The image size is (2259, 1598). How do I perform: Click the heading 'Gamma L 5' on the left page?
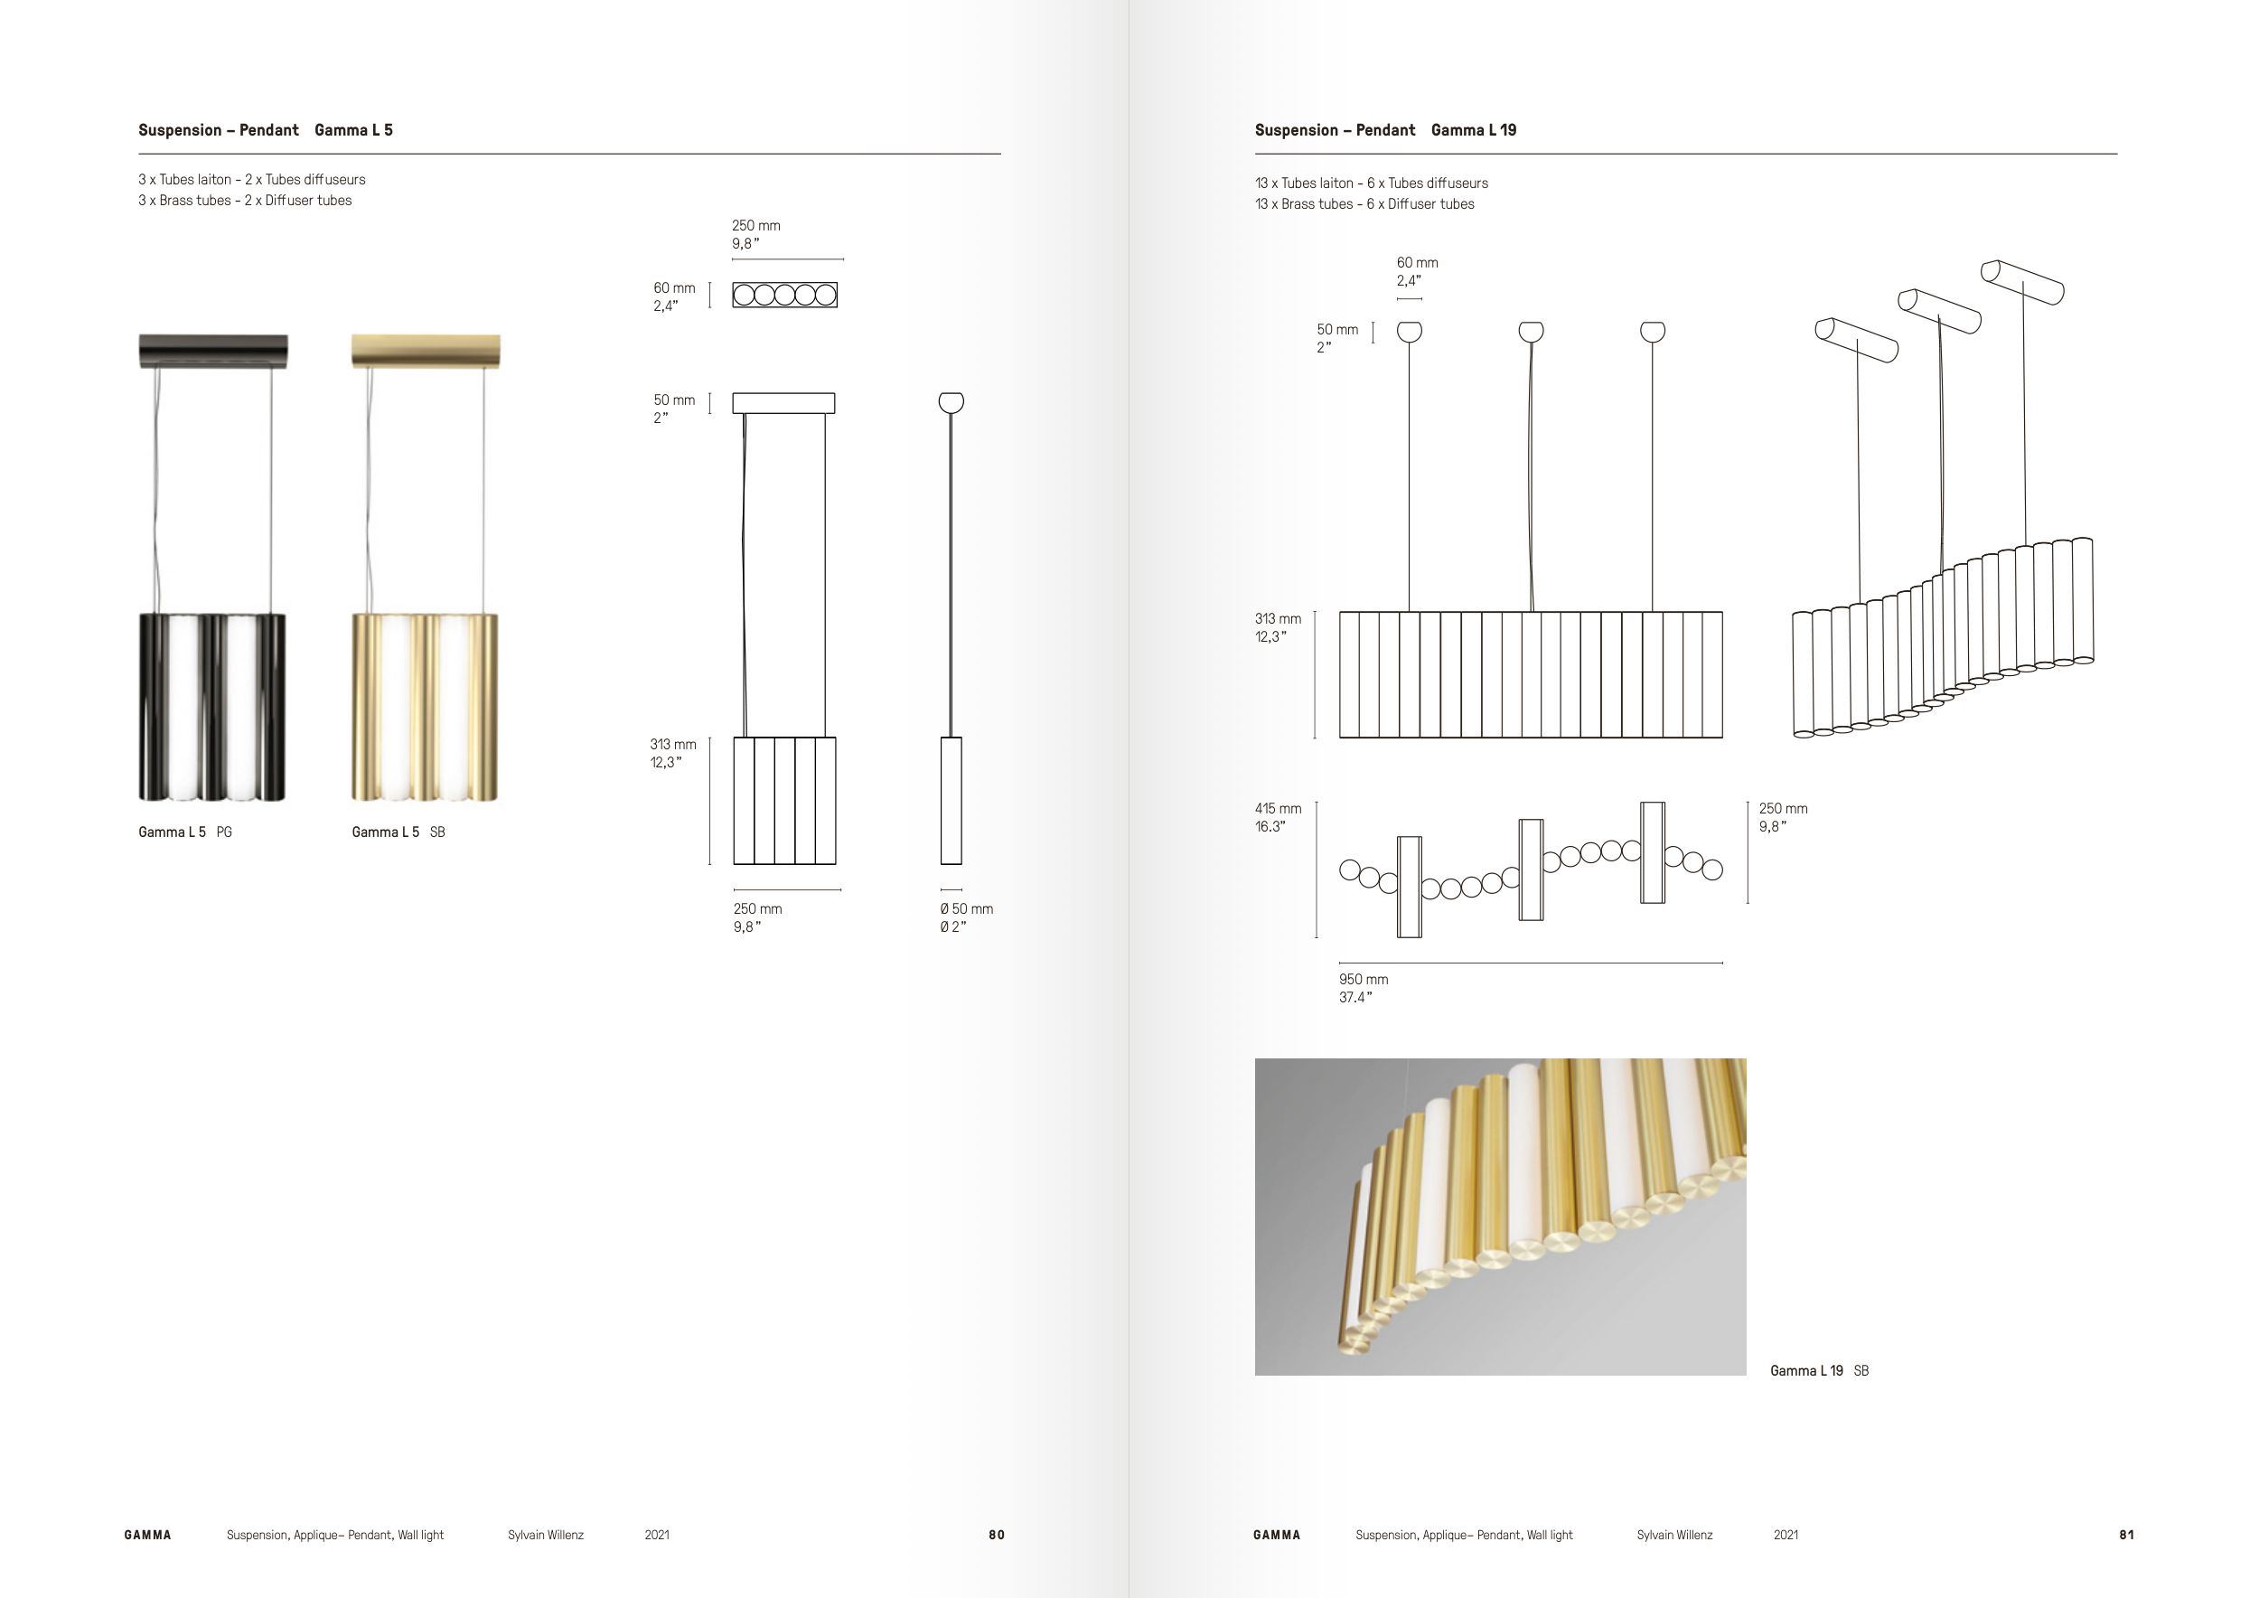353,130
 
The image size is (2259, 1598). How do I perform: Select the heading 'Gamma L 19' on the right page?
1473,130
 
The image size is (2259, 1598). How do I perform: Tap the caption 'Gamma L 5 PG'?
185,832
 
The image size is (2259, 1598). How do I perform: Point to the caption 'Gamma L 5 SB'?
398,832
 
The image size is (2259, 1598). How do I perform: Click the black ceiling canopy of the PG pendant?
213,351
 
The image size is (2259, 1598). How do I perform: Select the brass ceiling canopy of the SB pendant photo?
426,351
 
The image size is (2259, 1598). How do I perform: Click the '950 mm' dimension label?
1364,979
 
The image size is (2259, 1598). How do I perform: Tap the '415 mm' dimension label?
1277,809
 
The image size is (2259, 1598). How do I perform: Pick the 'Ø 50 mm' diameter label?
966,909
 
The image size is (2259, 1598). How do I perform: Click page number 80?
997,1535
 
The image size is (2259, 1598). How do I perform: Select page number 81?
2126,1535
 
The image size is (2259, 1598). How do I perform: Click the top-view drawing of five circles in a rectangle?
785,296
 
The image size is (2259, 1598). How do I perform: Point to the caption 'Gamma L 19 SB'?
1819,1371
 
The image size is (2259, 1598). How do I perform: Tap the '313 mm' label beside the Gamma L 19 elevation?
1277,619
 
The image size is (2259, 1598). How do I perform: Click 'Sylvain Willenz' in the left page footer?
546,1535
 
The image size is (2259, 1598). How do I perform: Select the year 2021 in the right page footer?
1786,1535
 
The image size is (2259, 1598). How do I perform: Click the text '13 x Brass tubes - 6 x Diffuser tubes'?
1364,204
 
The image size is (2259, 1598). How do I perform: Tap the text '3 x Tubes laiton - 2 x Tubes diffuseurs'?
252,179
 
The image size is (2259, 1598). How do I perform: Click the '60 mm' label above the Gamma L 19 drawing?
1417,263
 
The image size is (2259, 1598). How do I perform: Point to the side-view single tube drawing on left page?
951,800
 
